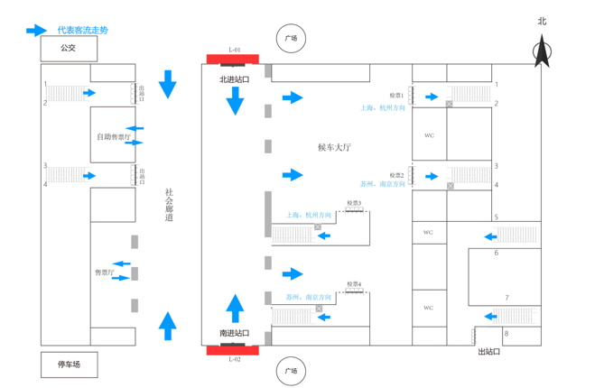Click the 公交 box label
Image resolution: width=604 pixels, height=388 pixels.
tap(68, 48)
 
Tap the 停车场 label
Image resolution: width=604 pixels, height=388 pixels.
tap(69, 365)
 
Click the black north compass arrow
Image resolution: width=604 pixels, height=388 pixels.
tap(542, 51)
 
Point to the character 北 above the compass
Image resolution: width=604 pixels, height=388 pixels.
tap(542, 21)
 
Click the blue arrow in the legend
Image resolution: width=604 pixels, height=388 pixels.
tap(36, 31)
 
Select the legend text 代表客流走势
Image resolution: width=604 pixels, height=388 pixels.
tap(82, 31)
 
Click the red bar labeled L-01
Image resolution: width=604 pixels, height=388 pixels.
tap(233, 60)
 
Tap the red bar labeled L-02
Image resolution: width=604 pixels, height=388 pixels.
tap(233, 349)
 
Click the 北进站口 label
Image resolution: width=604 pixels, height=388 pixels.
tap(234, 80)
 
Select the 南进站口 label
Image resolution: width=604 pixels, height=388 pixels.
tap(234, 333)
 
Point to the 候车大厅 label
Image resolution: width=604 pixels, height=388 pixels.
tap(334, 147)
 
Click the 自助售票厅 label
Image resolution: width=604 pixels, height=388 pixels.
tap(112, 137)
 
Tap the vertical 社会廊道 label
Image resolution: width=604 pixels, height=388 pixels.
tap(168, 205)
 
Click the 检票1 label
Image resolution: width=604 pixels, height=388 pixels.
tap(396, 95)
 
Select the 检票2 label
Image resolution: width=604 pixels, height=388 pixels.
tap(396, 175)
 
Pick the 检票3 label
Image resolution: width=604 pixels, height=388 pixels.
tap(354, 204)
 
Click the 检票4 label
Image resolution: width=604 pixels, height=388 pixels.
tap(354, 285)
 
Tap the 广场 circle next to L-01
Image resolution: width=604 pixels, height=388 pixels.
tap(291, 39)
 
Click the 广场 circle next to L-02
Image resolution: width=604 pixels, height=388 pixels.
tap(291, 371)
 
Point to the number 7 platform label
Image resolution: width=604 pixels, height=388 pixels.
tap(506, 298)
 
